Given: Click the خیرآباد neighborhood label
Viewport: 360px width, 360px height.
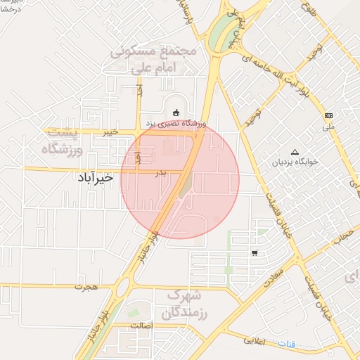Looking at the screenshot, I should click(x=96, y=179).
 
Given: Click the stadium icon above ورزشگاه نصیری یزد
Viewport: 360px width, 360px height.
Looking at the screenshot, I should click(x=175, y=112).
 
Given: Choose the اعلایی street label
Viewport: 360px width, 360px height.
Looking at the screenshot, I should click(x=254, y=340).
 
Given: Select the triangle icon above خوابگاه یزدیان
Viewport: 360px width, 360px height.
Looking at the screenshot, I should click(x=295, y=151).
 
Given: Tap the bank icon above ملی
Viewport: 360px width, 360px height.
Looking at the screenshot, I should click(x=328, y=115).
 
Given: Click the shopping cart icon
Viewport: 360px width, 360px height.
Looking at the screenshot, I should click(x=254, y=253).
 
